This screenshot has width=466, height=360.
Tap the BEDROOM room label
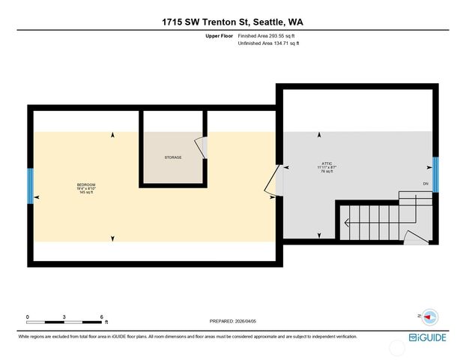coord(86,184)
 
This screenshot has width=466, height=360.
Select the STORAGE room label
coord(174,157)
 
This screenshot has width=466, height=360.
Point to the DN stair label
coord(426,184)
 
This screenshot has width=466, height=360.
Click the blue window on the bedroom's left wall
coord(31,186)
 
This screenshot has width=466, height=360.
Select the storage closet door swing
coord(200,148)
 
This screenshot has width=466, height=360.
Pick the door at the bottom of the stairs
coord(415,238)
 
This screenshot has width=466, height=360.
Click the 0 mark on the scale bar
coord(28,317)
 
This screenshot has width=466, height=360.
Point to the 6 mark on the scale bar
coord(101,317)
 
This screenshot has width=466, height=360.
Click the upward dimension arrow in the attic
coord(320,136)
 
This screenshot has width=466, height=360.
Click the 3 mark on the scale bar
coord(64,317)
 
